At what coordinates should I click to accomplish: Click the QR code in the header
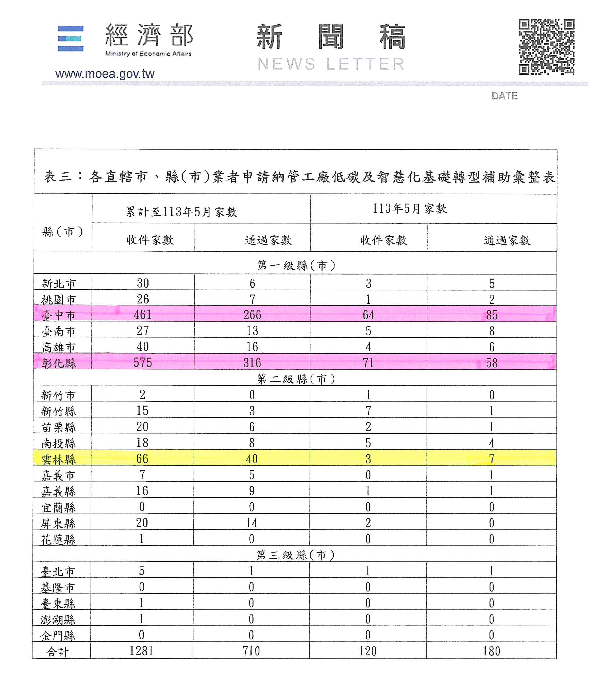(x=546, y=47)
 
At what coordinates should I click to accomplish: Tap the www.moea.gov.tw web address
(x=105, y=74)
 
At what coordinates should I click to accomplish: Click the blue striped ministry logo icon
(x=71, y=38)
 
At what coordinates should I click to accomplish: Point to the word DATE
(x=504, y=96)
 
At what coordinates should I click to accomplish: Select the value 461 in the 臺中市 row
(x=143, y=315)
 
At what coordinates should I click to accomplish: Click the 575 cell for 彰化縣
(x=143, y=363)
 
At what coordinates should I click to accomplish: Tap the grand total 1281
(x=141, y=651)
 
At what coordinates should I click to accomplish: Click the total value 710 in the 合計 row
(x=251, y=651)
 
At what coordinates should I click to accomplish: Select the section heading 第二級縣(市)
(x=296, y=379)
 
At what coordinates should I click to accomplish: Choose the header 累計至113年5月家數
(x=181, y=212)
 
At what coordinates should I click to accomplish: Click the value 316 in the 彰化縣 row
(x=252, y=363)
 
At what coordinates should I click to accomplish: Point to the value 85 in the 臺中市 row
(x=492, y=315)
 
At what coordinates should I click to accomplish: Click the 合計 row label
(x=58, y=652)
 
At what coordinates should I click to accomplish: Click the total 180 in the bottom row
(x=491, y=651)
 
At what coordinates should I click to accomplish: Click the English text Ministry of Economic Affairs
(x=148, y=54)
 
